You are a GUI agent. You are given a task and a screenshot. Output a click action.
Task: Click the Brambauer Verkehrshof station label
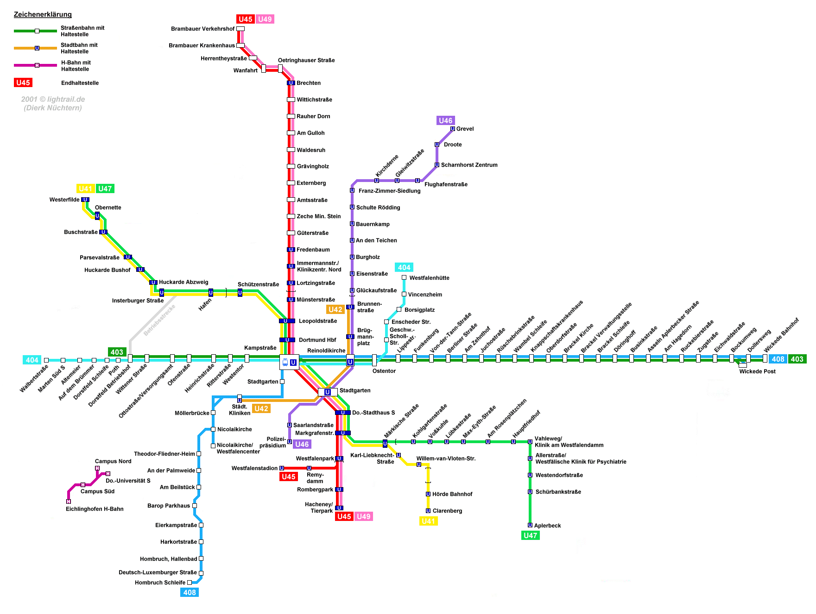(x=202, y=29)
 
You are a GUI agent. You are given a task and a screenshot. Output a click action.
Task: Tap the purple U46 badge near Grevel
(x=445, y=120)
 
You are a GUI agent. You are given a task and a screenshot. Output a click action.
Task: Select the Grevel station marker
(x=453, y=129)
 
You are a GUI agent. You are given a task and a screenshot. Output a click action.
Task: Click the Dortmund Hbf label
(x=317, y=340)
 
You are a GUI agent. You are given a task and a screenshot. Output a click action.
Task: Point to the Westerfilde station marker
(x=85, y=200)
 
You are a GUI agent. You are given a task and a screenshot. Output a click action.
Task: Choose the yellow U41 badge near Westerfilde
(x=86, y=188)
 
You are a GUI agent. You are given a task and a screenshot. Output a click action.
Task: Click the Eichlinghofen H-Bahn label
(x=95, y=509)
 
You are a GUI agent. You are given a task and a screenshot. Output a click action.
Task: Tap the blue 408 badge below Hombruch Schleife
(x=190, y=592)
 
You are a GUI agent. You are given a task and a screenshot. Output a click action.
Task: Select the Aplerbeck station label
(x=547, y=526)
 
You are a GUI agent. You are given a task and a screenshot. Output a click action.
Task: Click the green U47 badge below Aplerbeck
(x=530, y=535)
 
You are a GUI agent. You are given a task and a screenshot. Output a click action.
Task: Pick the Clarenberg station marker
(x=428, y=511)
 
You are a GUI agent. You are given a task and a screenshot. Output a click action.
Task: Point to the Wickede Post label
(x=757, y=371)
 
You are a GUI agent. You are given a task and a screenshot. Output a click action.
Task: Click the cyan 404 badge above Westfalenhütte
(x=404, y=267)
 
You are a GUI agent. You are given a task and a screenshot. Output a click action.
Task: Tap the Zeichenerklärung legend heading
(x=43, y=14)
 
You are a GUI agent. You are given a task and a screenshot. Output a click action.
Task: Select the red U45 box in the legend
(x=23, y=82)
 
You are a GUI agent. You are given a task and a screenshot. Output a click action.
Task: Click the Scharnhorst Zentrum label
(x=469, y=165)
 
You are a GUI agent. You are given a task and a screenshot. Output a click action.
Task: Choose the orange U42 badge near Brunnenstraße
(x=335, y=309)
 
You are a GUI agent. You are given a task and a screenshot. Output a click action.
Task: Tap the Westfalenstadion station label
(x=254, y=468)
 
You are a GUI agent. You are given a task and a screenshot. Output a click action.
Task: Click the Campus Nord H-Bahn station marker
(x=97, y=468)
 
